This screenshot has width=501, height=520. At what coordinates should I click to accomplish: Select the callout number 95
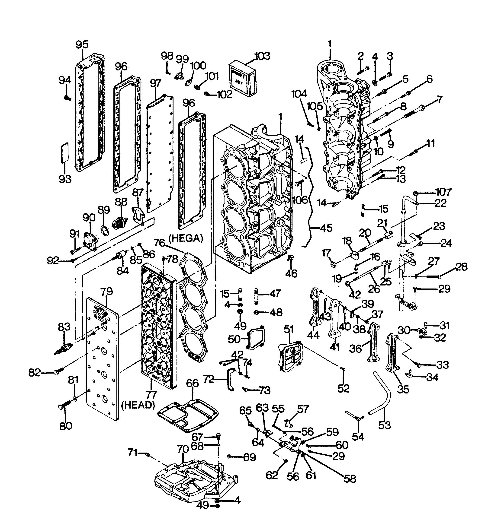click(82, 44)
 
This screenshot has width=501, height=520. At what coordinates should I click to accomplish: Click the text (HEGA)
click(186, 238)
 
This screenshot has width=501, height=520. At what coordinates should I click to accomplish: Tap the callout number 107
click(444, 192)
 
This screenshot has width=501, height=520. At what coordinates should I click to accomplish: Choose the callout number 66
click(193, 383)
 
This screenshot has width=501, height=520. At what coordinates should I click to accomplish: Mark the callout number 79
click(107, 291)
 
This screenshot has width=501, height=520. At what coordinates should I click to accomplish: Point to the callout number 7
click(439, 100)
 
